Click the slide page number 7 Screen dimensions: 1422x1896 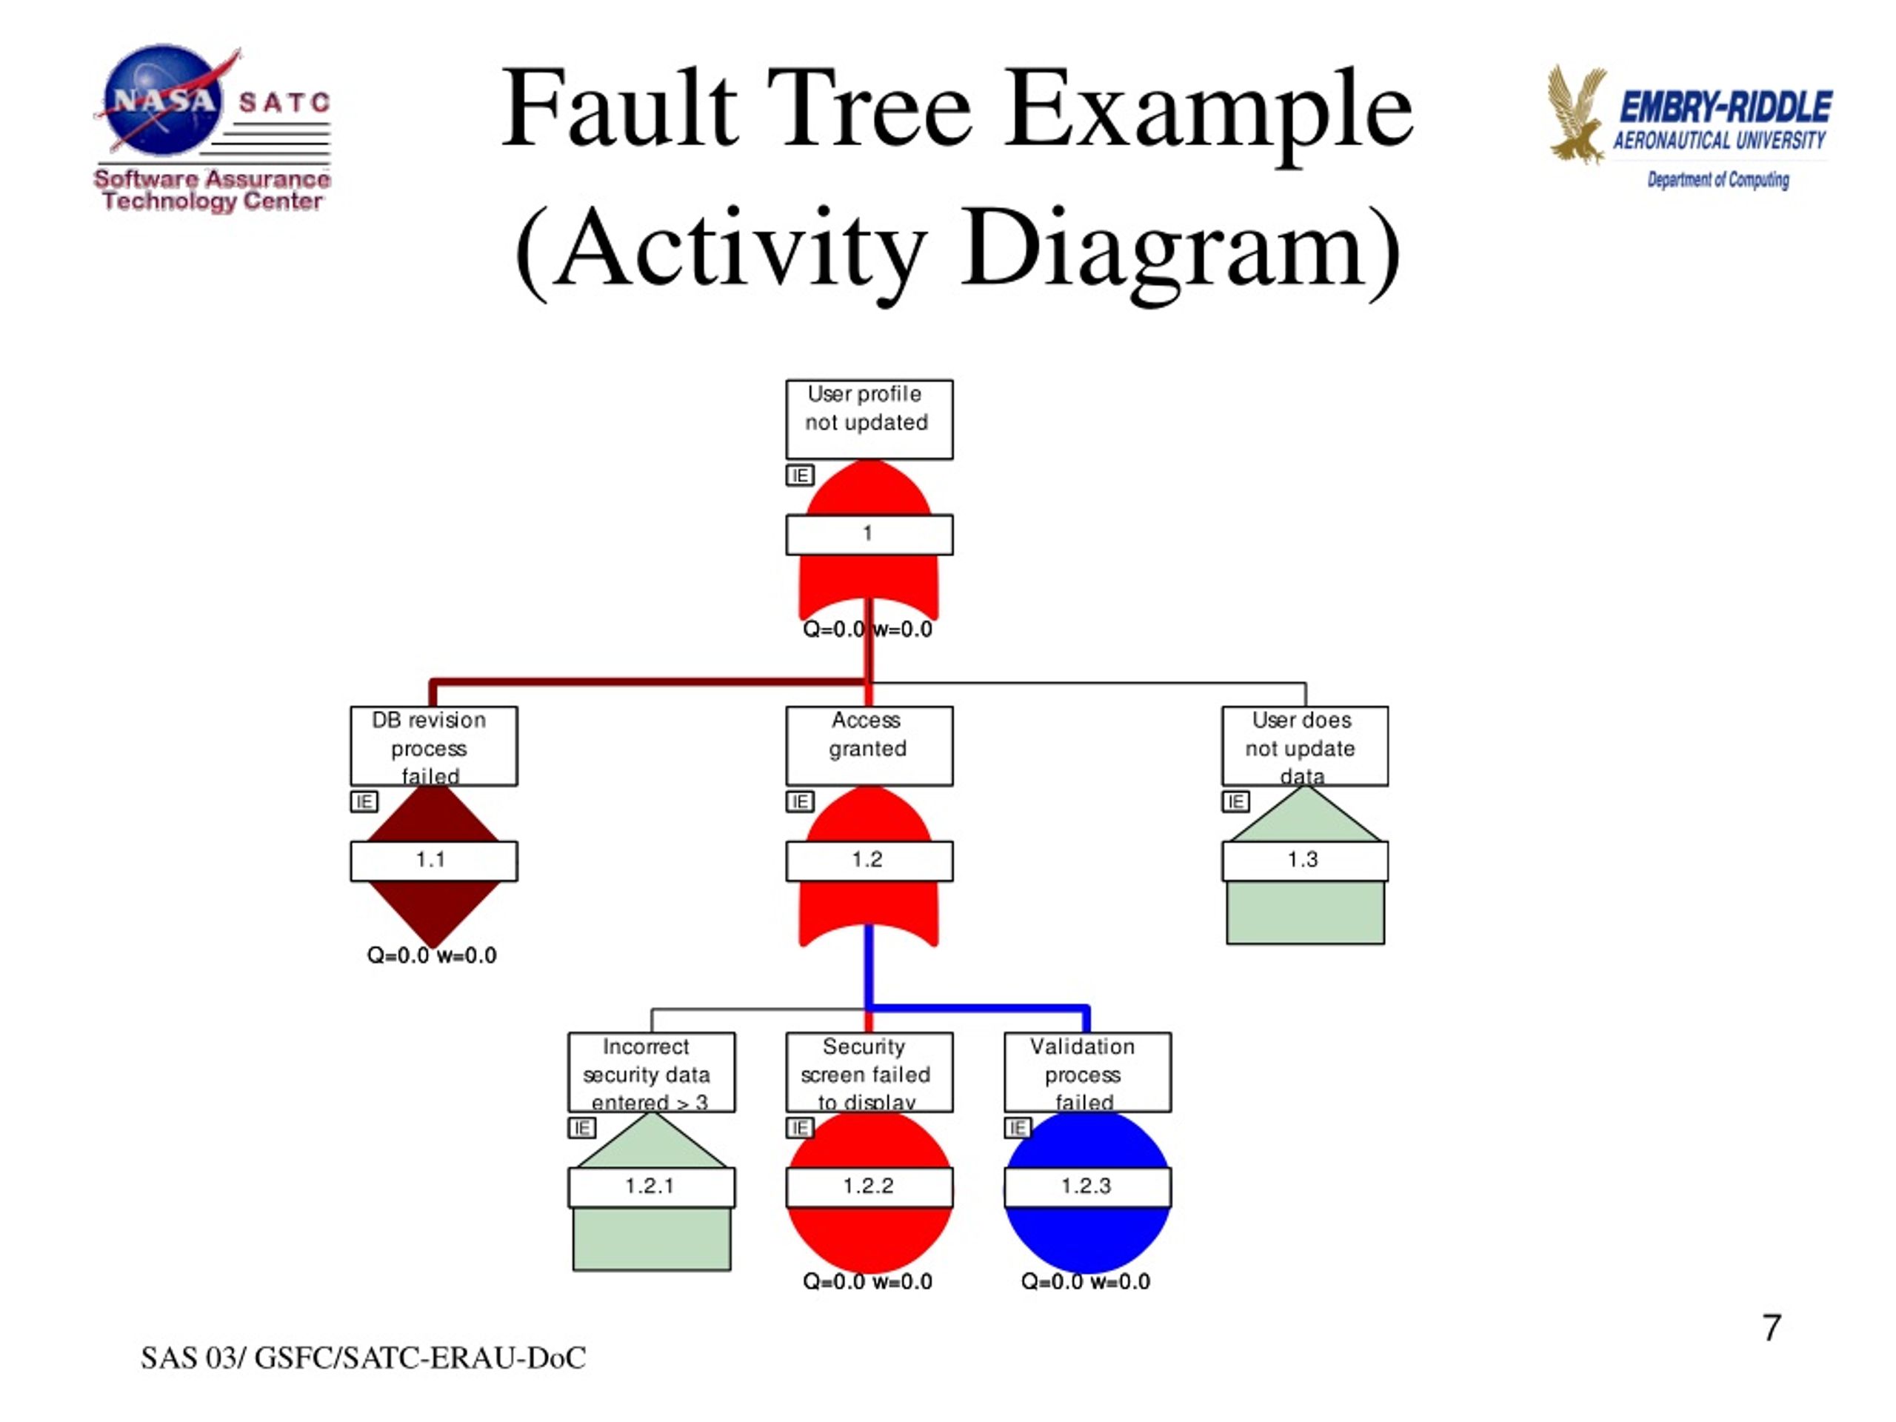click(x=1772, y=1328)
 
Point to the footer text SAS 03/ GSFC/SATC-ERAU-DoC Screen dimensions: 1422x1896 click(x=363, y=1358)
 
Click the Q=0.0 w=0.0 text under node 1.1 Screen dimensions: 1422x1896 click(x=431, y=955)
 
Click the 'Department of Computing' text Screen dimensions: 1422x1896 click(x=1717, y=180)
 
